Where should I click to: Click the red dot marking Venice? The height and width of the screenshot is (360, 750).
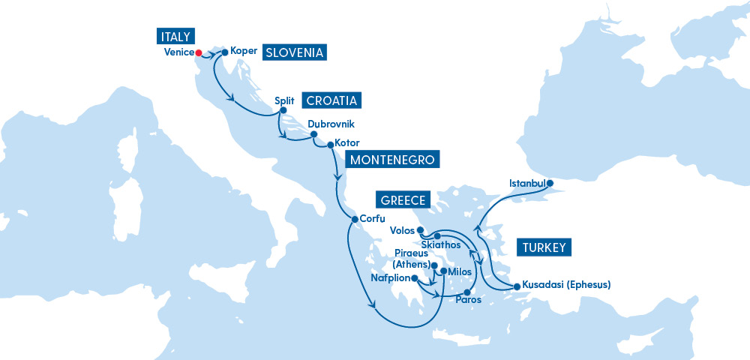(x=199, y=52)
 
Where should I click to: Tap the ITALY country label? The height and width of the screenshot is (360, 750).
(x=175, y=36)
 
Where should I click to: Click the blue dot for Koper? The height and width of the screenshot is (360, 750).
(x=224, y=52)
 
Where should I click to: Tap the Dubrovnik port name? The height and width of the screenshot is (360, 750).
(x=331, y=124)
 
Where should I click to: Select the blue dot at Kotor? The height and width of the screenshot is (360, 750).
(x=330, y=143)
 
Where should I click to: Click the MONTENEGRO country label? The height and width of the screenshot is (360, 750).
(x=390, y=160)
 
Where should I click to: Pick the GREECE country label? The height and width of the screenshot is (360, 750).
(x=403, y=200)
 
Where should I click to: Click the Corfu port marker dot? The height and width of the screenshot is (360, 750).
(x=354, y=219)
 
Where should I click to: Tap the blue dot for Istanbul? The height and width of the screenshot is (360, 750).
(x=550, y=183)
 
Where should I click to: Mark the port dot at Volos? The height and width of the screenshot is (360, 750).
(x=421, y=230)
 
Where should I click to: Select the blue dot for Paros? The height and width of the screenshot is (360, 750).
(x=466, y=292)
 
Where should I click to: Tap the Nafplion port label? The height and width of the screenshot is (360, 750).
(x=391, y=277)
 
